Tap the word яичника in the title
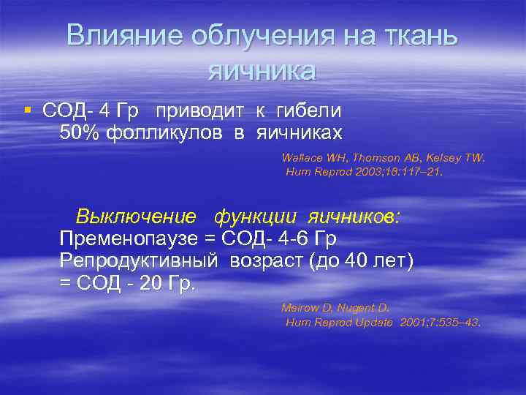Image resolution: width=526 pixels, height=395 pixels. click(x=262, y=71)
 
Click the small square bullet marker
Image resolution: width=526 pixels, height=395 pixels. click(x=27, y=110)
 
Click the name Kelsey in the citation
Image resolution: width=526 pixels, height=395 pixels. click(x=449, y=157)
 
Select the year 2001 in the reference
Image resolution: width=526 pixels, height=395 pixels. click(x=416, y=323)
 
